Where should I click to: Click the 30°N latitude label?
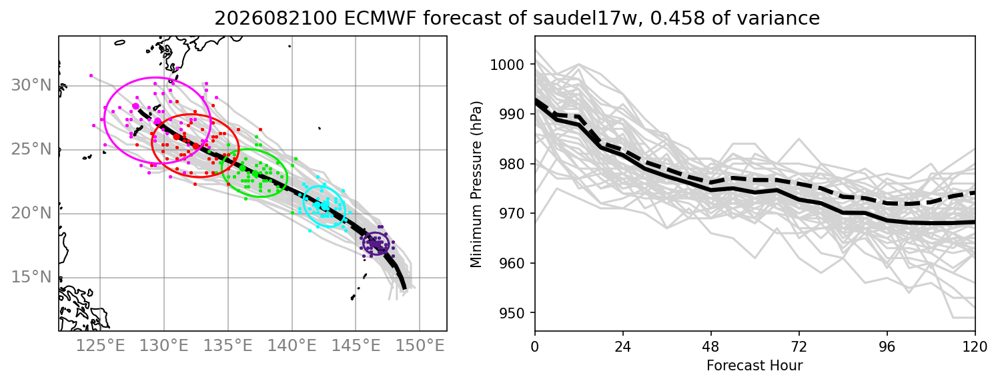(31, 85)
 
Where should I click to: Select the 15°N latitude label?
(31, 278)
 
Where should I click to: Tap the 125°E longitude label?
(100, 346)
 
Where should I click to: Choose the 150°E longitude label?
(420, 346)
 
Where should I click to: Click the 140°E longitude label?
(292, 346)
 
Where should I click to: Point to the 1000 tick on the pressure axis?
(506, 65)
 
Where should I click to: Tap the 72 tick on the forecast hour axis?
(799, 346)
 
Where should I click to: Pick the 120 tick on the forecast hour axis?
(975, 346)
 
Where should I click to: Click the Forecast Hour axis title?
(755, 366)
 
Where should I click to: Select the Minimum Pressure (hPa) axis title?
(476, 185)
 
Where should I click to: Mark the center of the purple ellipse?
(376, 244)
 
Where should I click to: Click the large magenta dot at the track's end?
(136, 107)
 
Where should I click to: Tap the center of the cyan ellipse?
(324, 206)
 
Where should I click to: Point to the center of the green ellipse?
(255, 173)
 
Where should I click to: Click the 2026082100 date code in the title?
(276, 19)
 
